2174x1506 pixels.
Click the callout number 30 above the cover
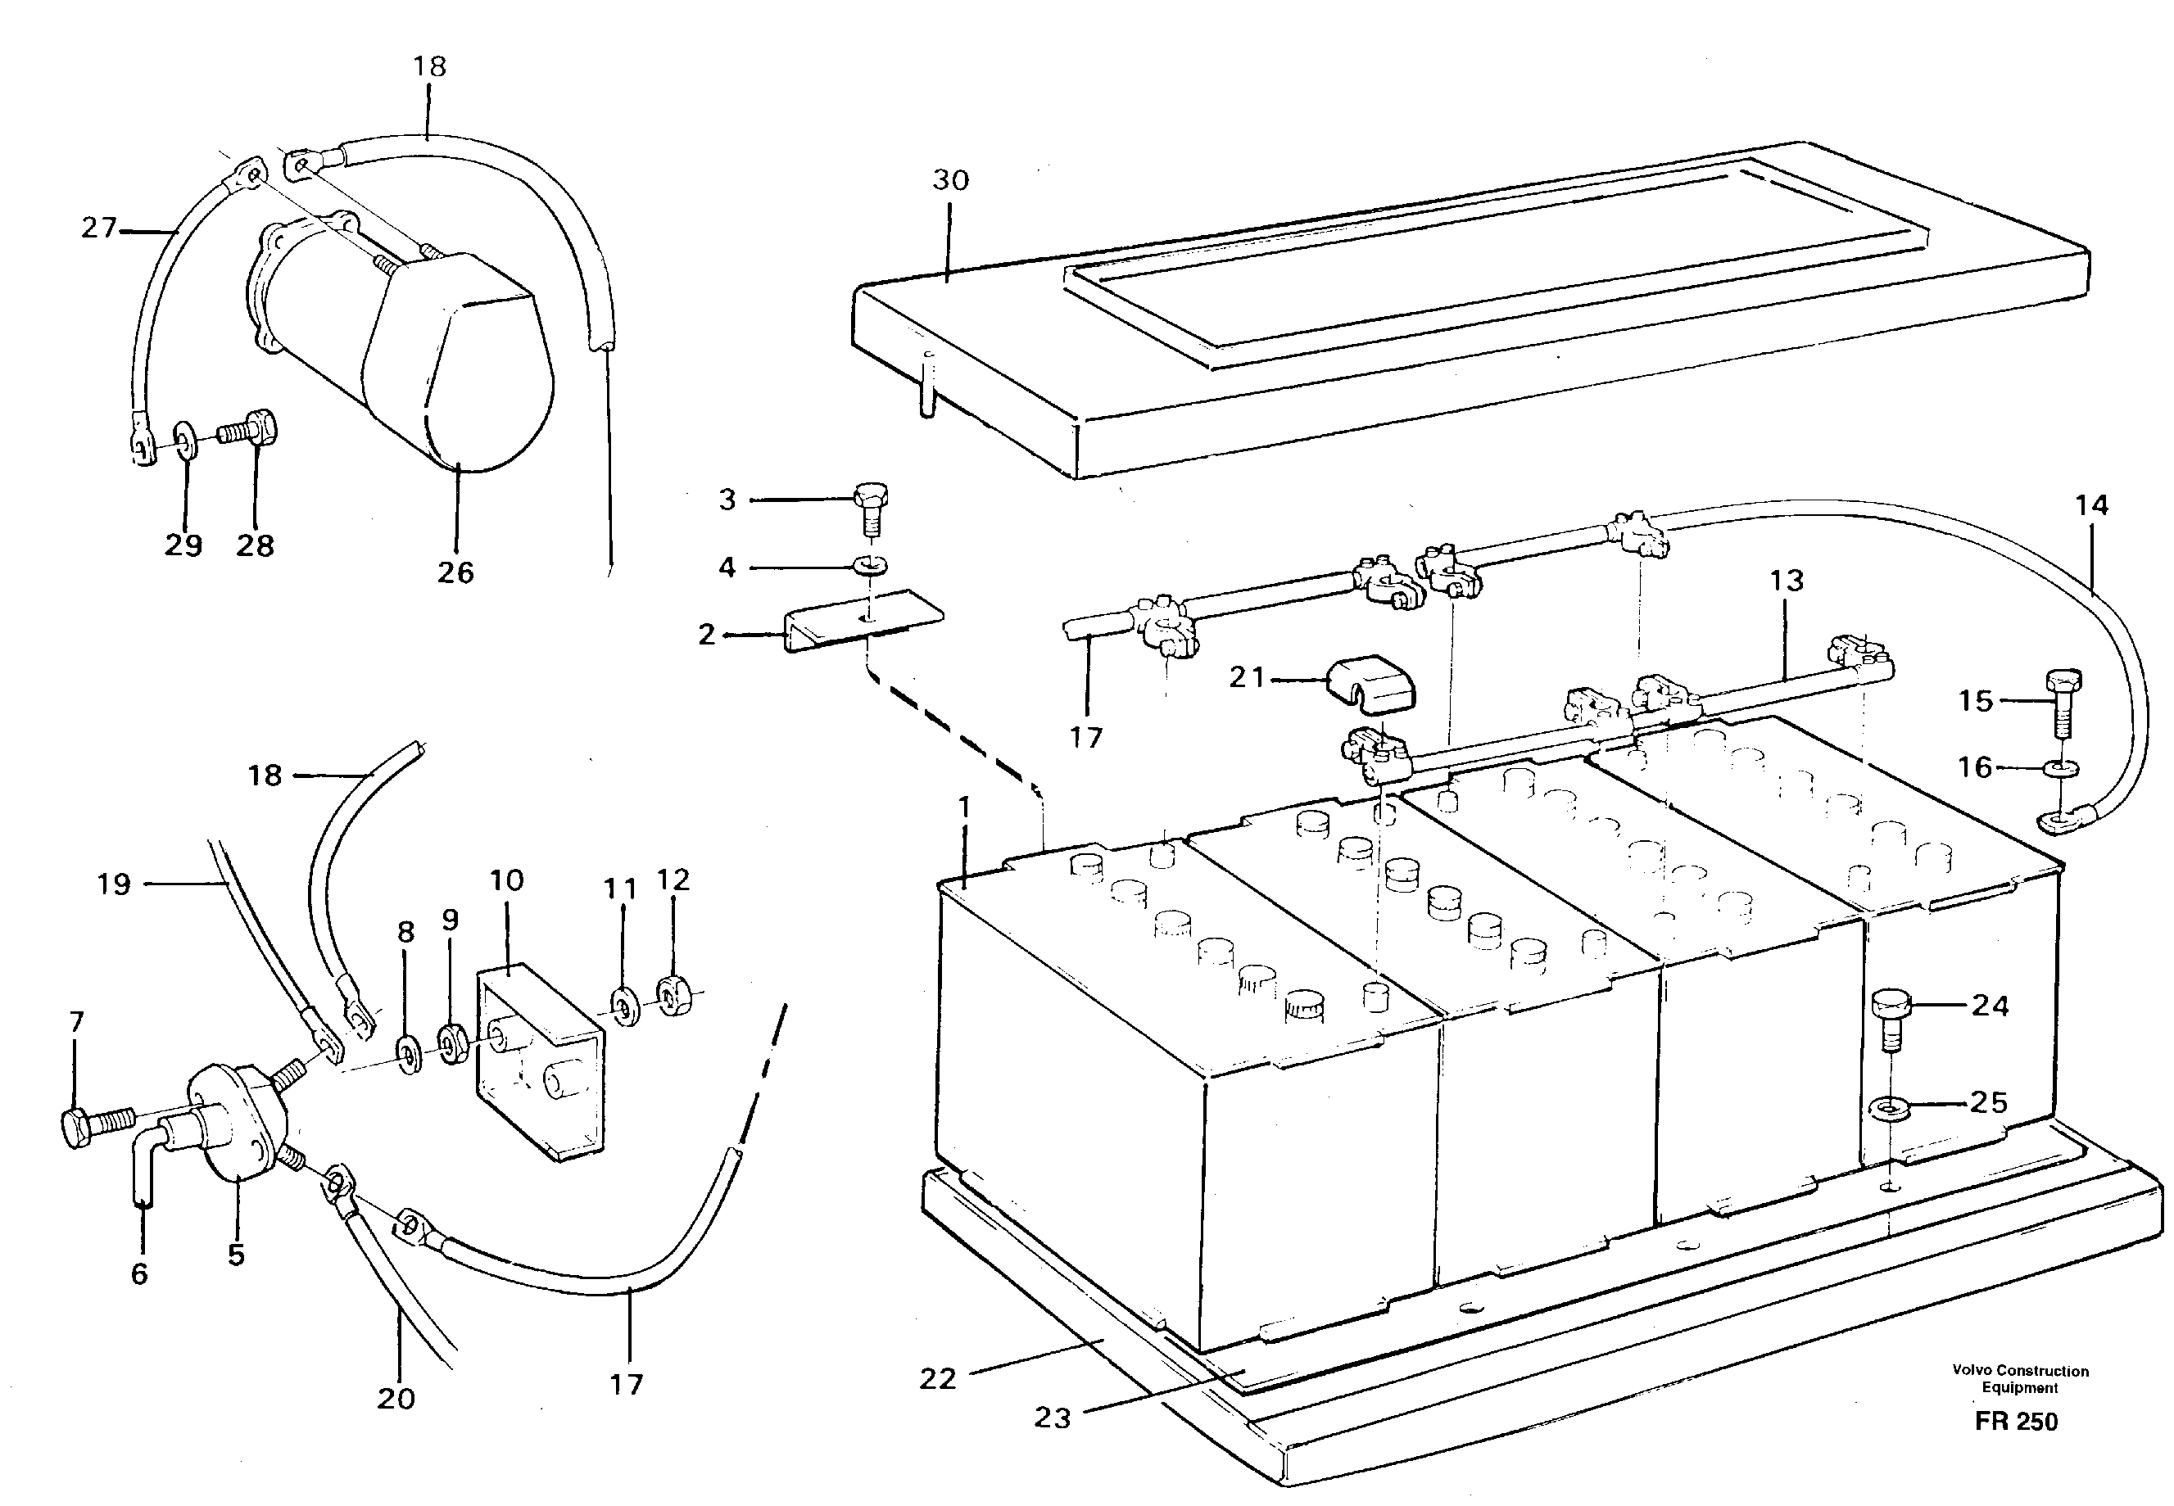click(950, 180)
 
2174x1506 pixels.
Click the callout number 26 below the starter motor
click(455, 572)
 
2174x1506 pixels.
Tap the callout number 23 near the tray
click(1052, 1418)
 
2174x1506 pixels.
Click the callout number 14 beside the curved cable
click(2091, 506)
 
